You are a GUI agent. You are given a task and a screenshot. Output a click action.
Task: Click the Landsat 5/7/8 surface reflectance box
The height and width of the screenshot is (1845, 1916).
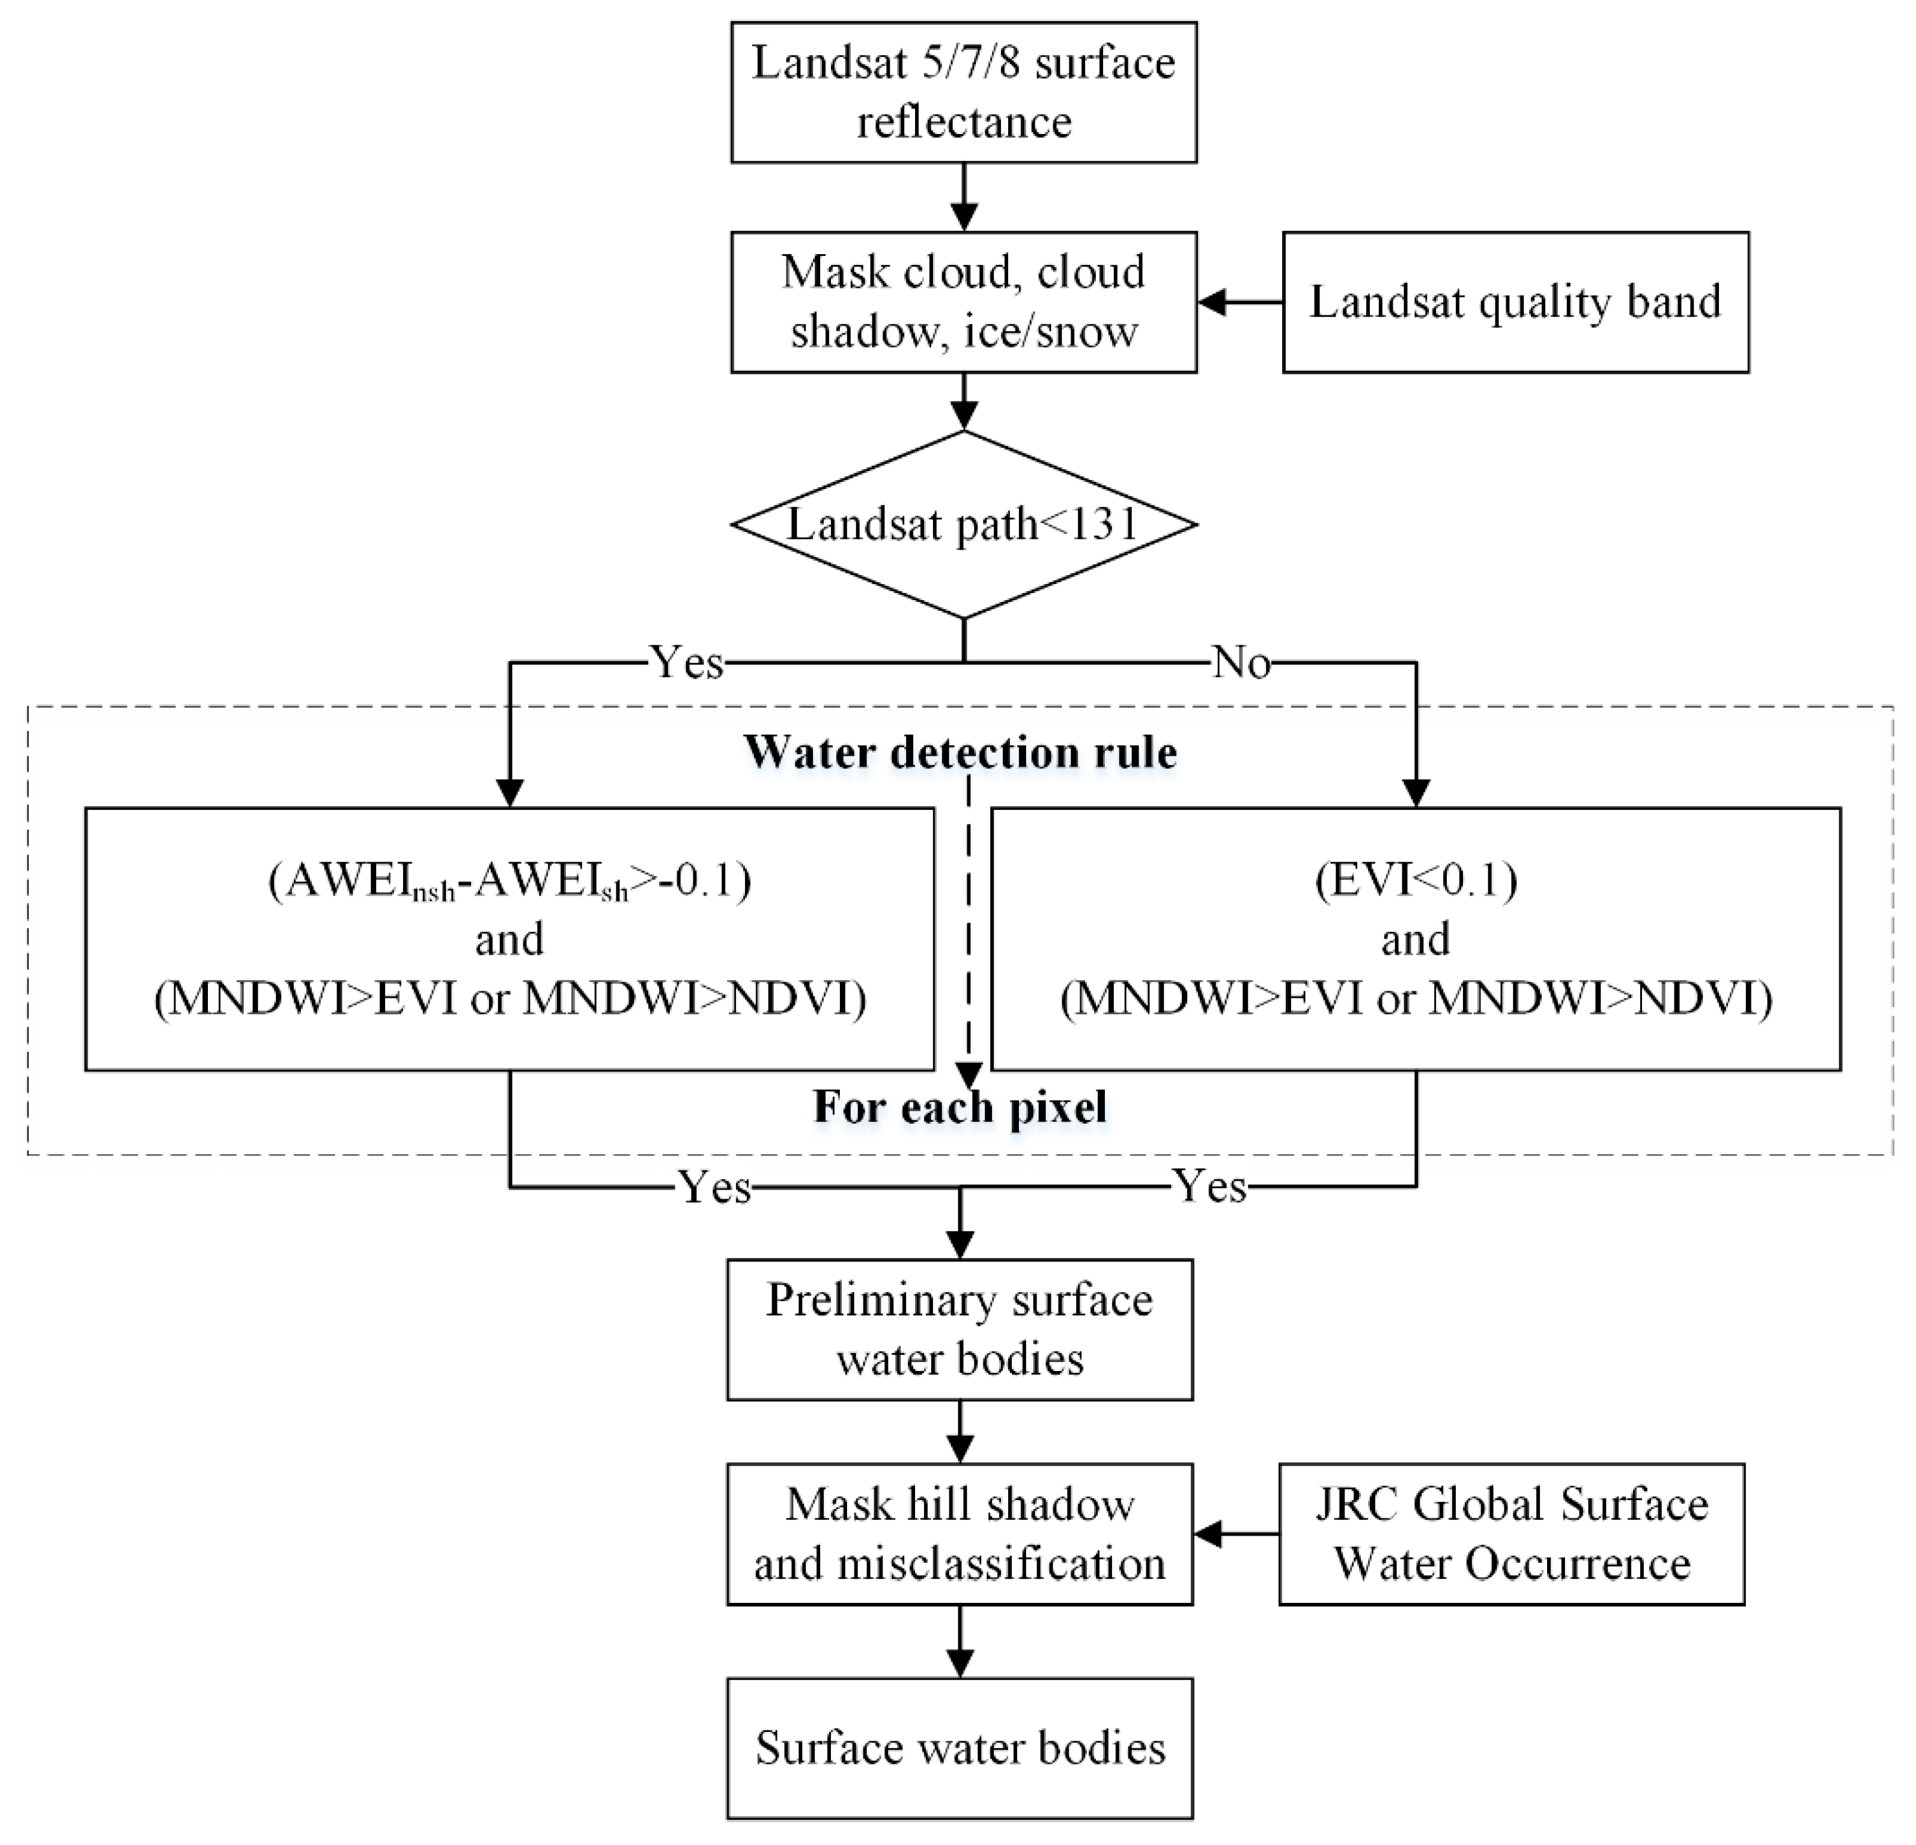tap(963, 92)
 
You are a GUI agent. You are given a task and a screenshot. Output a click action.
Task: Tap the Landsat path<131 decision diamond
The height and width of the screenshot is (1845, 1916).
tap(963, 524)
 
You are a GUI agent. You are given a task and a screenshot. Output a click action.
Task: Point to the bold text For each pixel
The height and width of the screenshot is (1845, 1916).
tap(960, 1107)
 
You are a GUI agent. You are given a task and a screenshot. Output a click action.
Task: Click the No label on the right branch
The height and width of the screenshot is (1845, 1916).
tap(1241, 663)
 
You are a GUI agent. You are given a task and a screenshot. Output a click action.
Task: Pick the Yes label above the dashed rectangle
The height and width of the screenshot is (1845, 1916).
tap(687, 663)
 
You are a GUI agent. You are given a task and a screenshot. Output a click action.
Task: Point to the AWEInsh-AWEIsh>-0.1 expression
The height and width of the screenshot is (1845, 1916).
tap(509, 881)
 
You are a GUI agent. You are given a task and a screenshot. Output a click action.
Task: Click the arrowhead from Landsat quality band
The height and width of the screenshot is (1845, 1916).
tap(1213, 302)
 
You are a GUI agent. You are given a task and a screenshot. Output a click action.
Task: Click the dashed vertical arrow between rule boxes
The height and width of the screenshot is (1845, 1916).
tap(968, 929)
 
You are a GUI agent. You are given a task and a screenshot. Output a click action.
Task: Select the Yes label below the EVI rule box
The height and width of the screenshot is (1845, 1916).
tap(1210, 1187)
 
